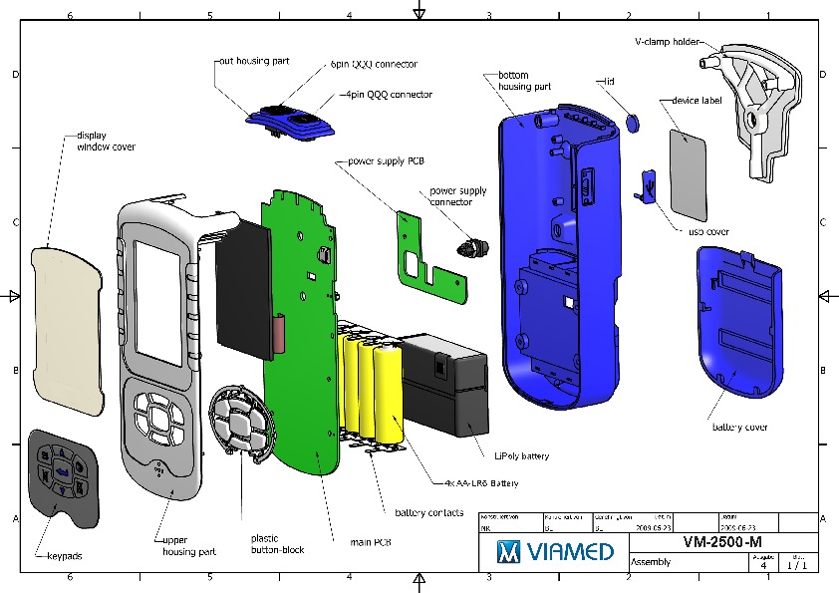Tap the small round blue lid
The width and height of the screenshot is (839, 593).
[x=632, y=123]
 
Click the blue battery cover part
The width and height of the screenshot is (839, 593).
[x=738, y=319]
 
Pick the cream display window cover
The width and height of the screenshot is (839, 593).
[x=67, y=329]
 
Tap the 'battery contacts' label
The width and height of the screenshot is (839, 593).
[x=428, y=513]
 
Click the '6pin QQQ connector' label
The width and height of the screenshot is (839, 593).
[x=374, y=64]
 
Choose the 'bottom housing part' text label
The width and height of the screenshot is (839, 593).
[x=523, y=81]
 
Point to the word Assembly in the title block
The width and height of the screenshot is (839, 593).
[x=652, y=562]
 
